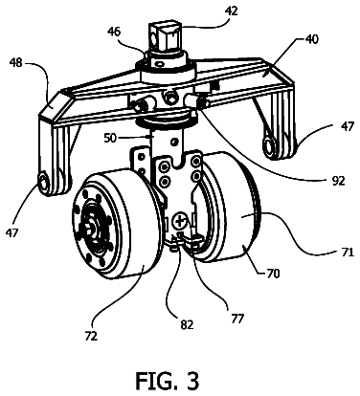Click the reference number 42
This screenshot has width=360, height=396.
[x=232, y=11]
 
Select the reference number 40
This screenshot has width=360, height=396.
[x=311, y=39]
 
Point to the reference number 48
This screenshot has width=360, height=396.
[x=15, y=62]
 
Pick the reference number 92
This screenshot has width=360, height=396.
[x=337, y=181]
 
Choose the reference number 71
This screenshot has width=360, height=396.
[x=347, y=252]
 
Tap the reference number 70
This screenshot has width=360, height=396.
[x=272, y=273]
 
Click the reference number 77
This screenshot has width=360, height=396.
[x=236, y=319]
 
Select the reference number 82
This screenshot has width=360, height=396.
[x=187, y=324]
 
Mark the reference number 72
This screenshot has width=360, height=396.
[x=91, y=336]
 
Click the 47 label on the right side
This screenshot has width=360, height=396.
[x=347, y=126]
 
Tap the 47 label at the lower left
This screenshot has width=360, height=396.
[x=11, y=232]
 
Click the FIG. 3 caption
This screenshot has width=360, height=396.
[x=167, y=381]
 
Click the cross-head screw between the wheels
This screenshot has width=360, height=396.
[x=180, y=221]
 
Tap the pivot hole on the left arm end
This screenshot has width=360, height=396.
[x=43, y=182]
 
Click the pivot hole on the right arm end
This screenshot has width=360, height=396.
[x=268, y=146]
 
